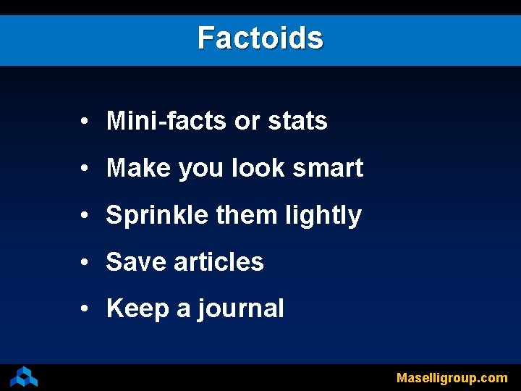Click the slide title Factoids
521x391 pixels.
pos(260,38)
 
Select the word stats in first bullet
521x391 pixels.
pos(297,121)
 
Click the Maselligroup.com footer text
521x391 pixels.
pos(452,377)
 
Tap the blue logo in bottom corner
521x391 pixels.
pos(24,377)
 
